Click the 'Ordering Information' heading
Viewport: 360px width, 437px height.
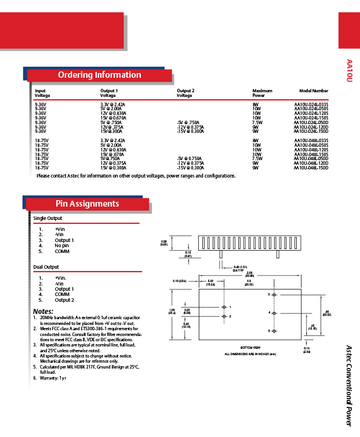(x=99, y=75)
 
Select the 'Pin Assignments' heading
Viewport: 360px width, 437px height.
(x=87, y=204)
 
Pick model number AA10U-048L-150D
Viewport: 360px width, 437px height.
(x=311, y=167)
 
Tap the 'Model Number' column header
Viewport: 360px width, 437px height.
(x=314, y=91)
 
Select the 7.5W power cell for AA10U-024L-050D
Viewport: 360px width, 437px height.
(x=257, y=122)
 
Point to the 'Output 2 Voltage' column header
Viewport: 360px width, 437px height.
(x=186, y=93)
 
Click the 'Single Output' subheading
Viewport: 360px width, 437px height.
(x=48, y=218)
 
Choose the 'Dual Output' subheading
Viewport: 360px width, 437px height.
(x=46, y=267)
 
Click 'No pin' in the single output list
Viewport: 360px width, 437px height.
(x=62, y=245)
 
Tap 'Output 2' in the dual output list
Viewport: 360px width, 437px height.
(x=64, y=300)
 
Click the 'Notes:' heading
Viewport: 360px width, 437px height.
(x=43, y=312)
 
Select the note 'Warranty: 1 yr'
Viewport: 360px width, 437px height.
(x=53, y=378)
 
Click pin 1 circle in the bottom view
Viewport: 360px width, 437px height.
(x=224, y=306)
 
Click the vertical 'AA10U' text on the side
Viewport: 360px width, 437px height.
(x=349, y=70)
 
